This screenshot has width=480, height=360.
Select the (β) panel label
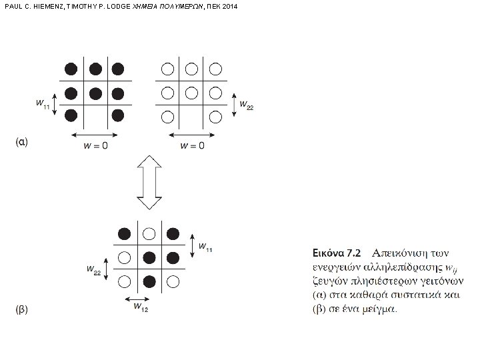[x=23, y=311]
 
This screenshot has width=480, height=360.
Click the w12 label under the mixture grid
[x=140, y=307]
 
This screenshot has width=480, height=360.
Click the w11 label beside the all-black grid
[x=42, y=104]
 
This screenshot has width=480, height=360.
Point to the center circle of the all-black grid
[x=95, y=92]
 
